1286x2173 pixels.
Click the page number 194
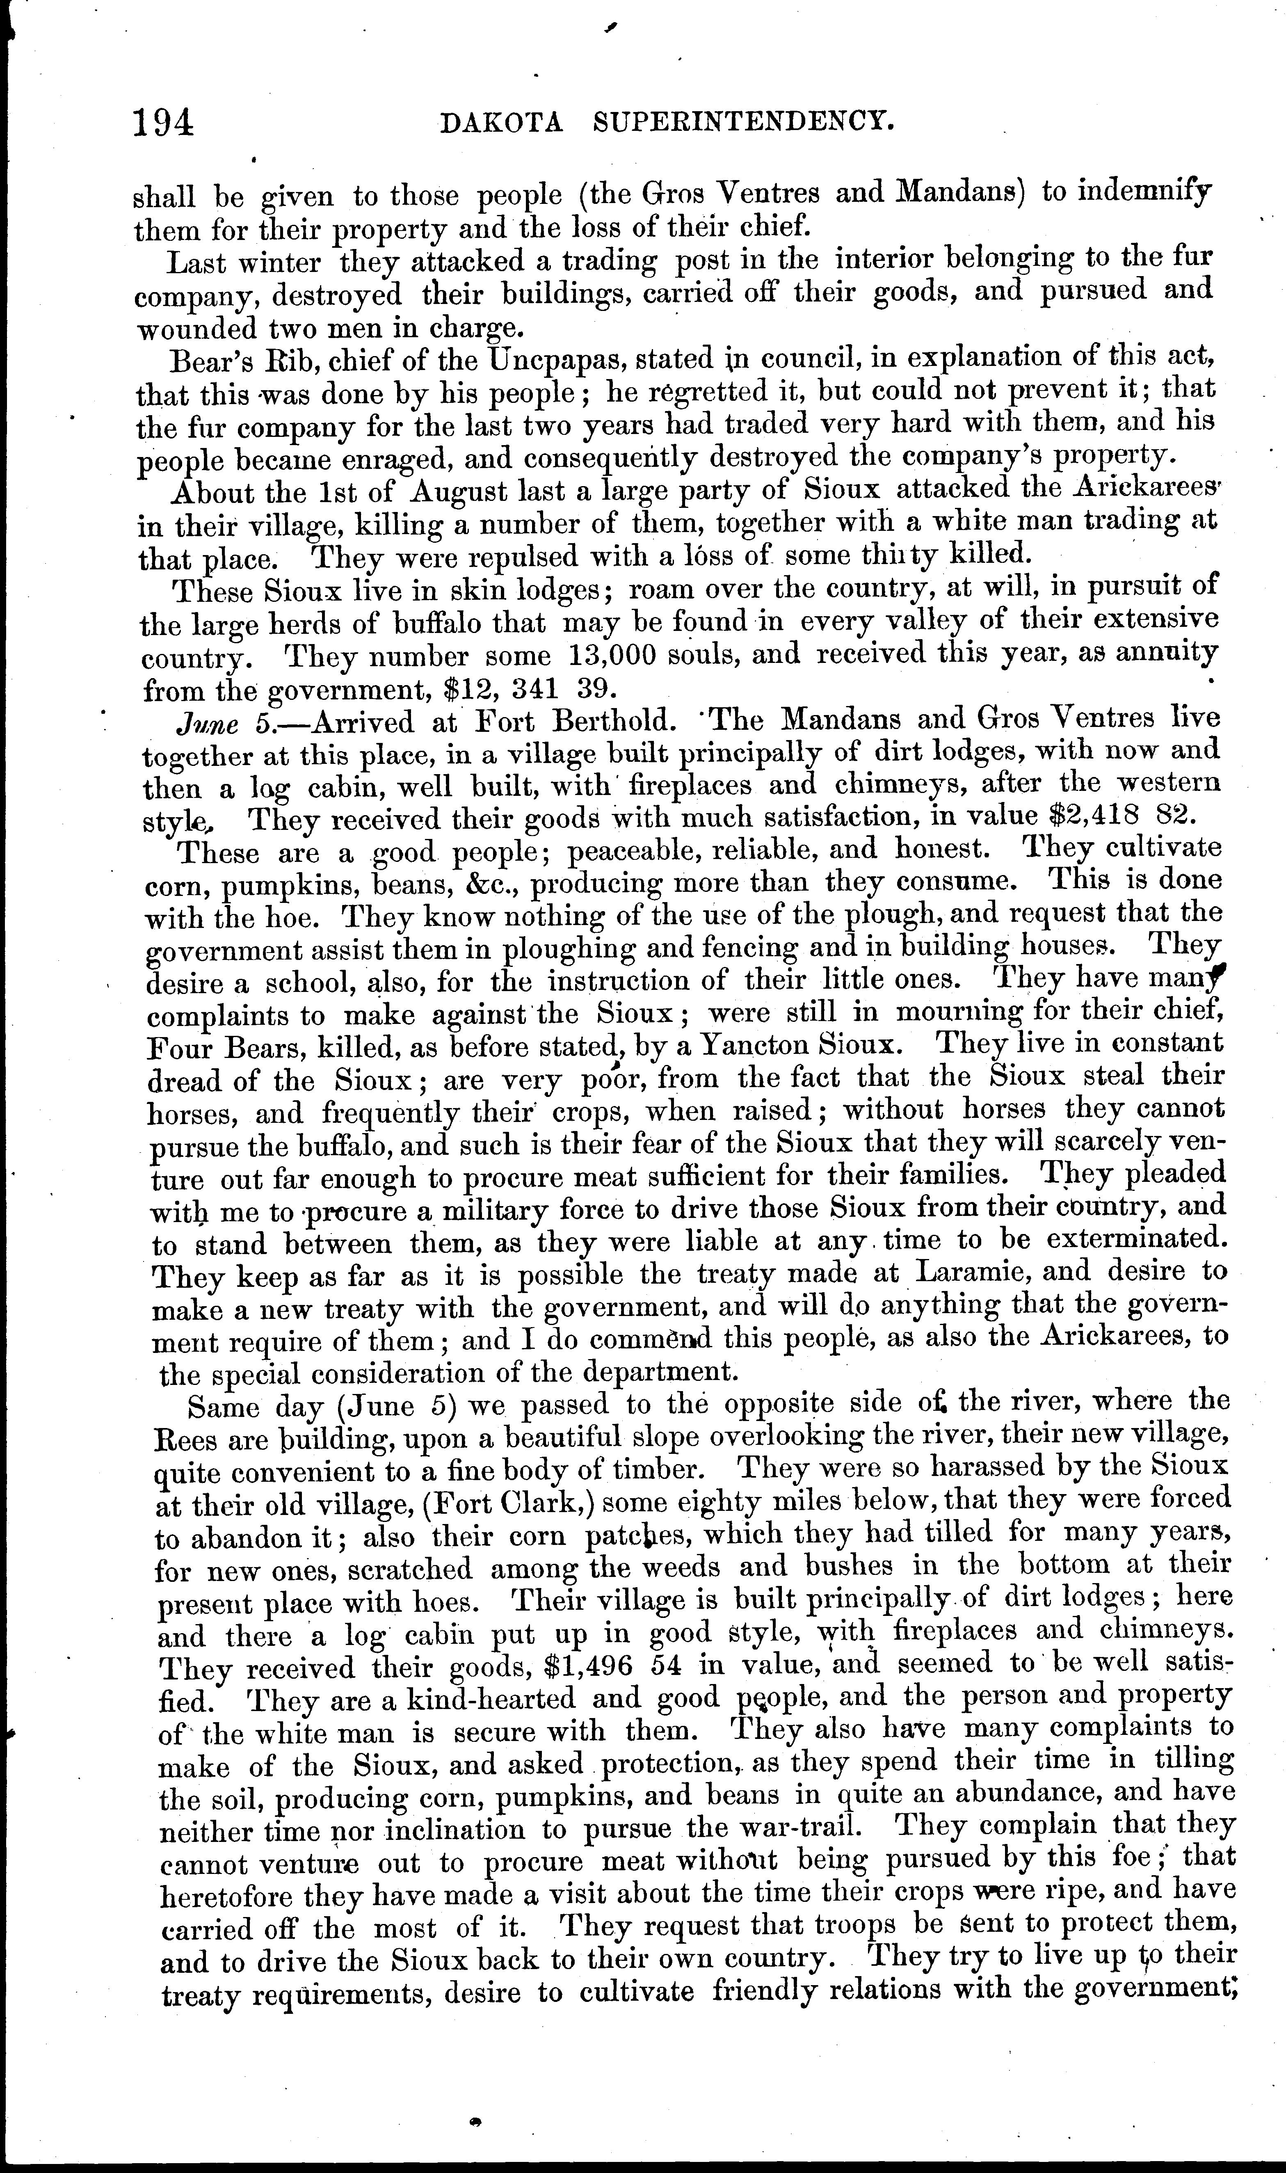pos(163,123)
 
